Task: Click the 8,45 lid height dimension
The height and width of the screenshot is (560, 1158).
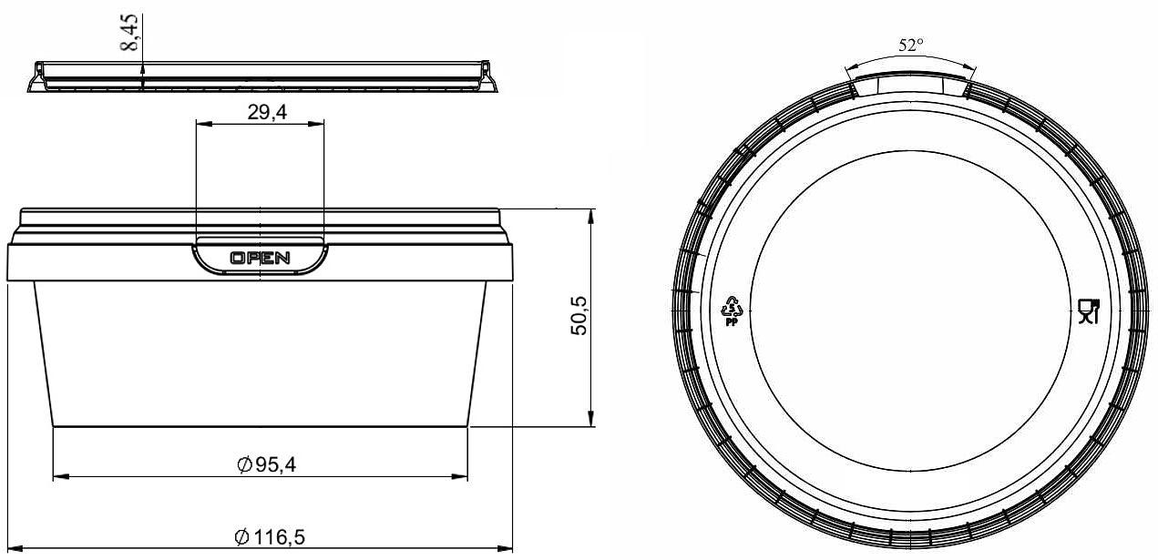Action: coord(129,33)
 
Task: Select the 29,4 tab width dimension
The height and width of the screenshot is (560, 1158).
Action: coord(267,112)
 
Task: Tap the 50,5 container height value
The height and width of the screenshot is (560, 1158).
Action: coord(579,316)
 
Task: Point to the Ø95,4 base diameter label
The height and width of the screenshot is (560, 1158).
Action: coord(267,465)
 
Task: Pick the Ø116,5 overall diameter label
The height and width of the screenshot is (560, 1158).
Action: coord(270,537)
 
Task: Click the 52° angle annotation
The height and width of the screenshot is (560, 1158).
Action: coord(910,46)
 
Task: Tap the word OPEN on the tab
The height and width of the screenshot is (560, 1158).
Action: coord(260,258)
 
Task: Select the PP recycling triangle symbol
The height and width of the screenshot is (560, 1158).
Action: coord(732,311)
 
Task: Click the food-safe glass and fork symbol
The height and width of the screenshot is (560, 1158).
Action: coord(1089,311)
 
